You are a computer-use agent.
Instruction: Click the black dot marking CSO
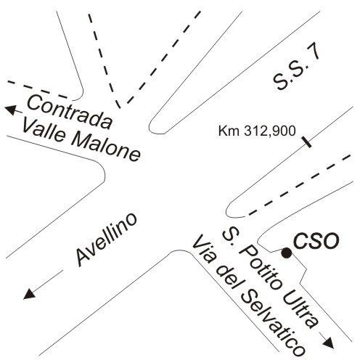click(x=287, y=253)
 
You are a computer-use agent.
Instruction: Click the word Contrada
click(x=70, y=112)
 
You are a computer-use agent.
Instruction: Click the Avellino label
click(x=106, y=240)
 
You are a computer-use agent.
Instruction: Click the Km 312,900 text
click(x=257, y=131)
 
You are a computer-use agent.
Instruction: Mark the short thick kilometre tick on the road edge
click(x=306, y=142)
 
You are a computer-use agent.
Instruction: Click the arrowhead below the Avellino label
click(x=29, y=294)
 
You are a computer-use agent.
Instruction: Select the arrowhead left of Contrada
click(x=10, y=110)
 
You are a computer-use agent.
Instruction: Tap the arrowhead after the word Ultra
click(x=329, y=343)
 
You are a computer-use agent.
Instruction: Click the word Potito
click(x=259, y=268)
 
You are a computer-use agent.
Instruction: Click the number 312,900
click(x=270, y=131)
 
